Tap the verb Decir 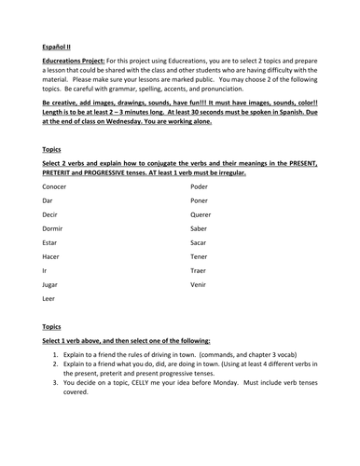50,214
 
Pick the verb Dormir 54,228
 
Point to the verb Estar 50,242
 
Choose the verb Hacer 51,256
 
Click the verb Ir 45,270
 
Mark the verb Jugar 51,284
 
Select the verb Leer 49,298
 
